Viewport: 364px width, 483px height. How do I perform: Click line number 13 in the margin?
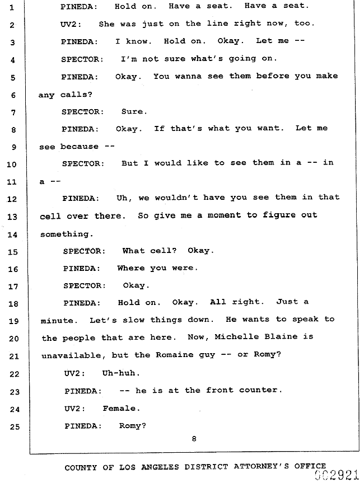(12, 217)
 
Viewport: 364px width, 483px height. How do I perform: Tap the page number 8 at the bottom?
(194, 439)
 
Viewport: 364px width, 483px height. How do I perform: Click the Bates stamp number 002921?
(337, 475)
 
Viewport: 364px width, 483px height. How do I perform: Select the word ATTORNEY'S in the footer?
(262, 466)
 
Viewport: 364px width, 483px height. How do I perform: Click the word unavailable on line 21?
(72, 355)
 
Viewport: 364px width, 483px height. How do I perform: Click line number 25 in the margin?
(15, 427)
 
